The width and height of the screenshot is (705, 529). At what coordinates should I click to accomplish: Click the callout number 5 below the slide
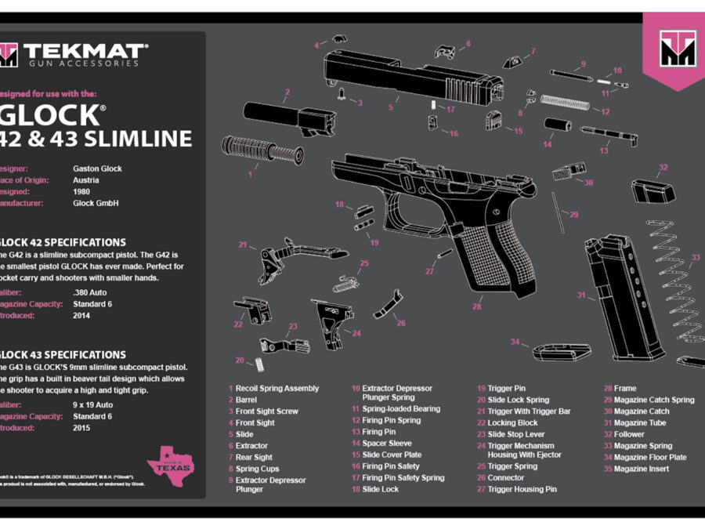tap(390, 107)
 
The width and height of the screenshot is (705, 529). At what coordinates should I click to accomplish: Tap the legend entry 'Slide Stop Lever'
tap(515, 434)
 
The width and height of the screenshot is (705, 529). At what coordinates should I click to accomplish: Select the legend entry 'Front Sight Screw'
tap(266, 411)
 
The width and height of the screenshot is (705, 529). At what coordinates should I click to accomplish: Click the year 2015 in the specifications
tap(81, 428)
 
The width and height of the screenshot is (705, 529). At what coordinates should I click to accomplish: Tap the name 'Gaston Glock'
tap(97, 168)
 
